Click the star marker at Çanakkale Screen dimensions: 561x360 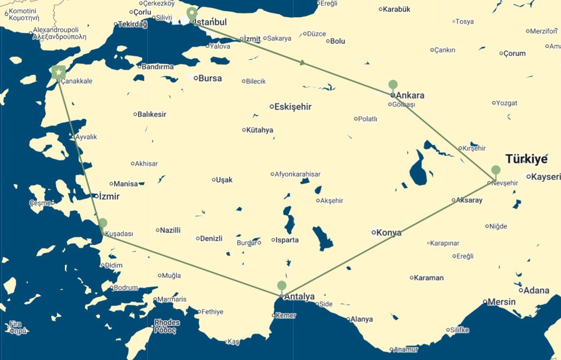point(58,72)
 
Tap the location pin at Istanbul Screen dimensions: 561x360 point(192,14)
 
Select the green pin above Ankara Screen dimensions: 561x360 point(393,85)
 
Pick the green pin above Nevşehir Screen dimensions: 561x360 point(496,170)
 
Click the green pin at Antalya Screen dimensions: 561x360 point(282,286)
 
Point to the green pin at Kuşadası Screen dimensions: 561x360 point(103,223)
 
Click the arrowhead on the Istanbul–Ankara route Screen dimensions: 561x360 point(302,63)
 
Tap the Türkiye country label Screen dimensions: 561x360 point(526,159)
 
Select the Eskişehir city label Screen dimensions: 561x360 point(293,107)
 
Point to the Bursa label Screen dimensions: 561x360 point(210,78)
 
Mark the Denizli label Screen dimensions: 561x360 point(211,239)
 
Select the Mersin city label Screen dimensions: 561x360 point(502,302)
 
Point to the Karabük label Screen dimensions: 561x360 point(396,9)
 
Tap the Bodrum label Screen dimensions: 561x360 point(126,288)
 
